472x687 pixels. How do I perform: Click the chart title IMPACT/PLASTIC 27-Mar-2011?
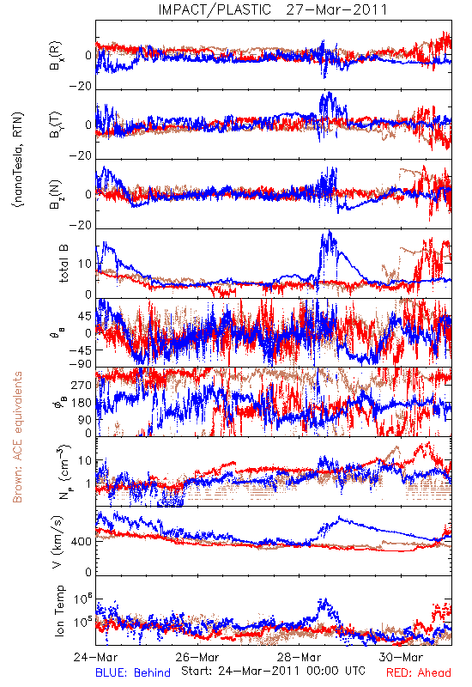tap(273, 9)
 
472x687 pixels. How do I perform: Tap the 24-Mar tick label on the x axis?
tap(95, 657)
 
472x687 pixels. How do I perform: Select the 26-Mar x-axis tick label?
tap(197, 657)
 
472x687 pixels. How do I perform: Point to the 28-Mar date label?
tap(299, 657)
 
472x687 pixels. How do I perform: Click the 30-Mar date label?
tap(401, 657)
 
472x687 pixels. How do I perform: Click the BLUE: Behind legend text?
tap(133, 672)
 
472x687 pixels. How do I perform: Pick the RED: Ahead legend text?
tap(419, 672)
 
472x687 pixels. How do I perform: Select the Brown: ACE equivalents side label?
tap(17, 437)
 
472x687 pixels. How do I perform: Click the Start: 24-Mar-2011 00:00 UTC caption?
tap(273, 671)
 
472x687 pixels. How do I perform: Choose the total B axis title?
tap(63, 264)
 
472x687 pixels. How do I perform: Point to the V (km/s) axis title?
tap(57, 542)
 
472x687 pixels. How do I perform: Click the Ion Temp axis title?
tap(59, 611)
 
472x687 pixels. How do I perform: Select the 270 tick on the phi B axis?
tap(82, 386)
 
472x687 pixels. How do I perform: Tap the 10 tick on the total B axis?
tap(86, 264)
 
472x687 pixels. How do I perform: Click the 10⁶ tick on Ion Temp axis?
tap(83, 599)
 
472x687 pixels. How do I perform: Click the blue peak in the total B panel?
tap(330, 231)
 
